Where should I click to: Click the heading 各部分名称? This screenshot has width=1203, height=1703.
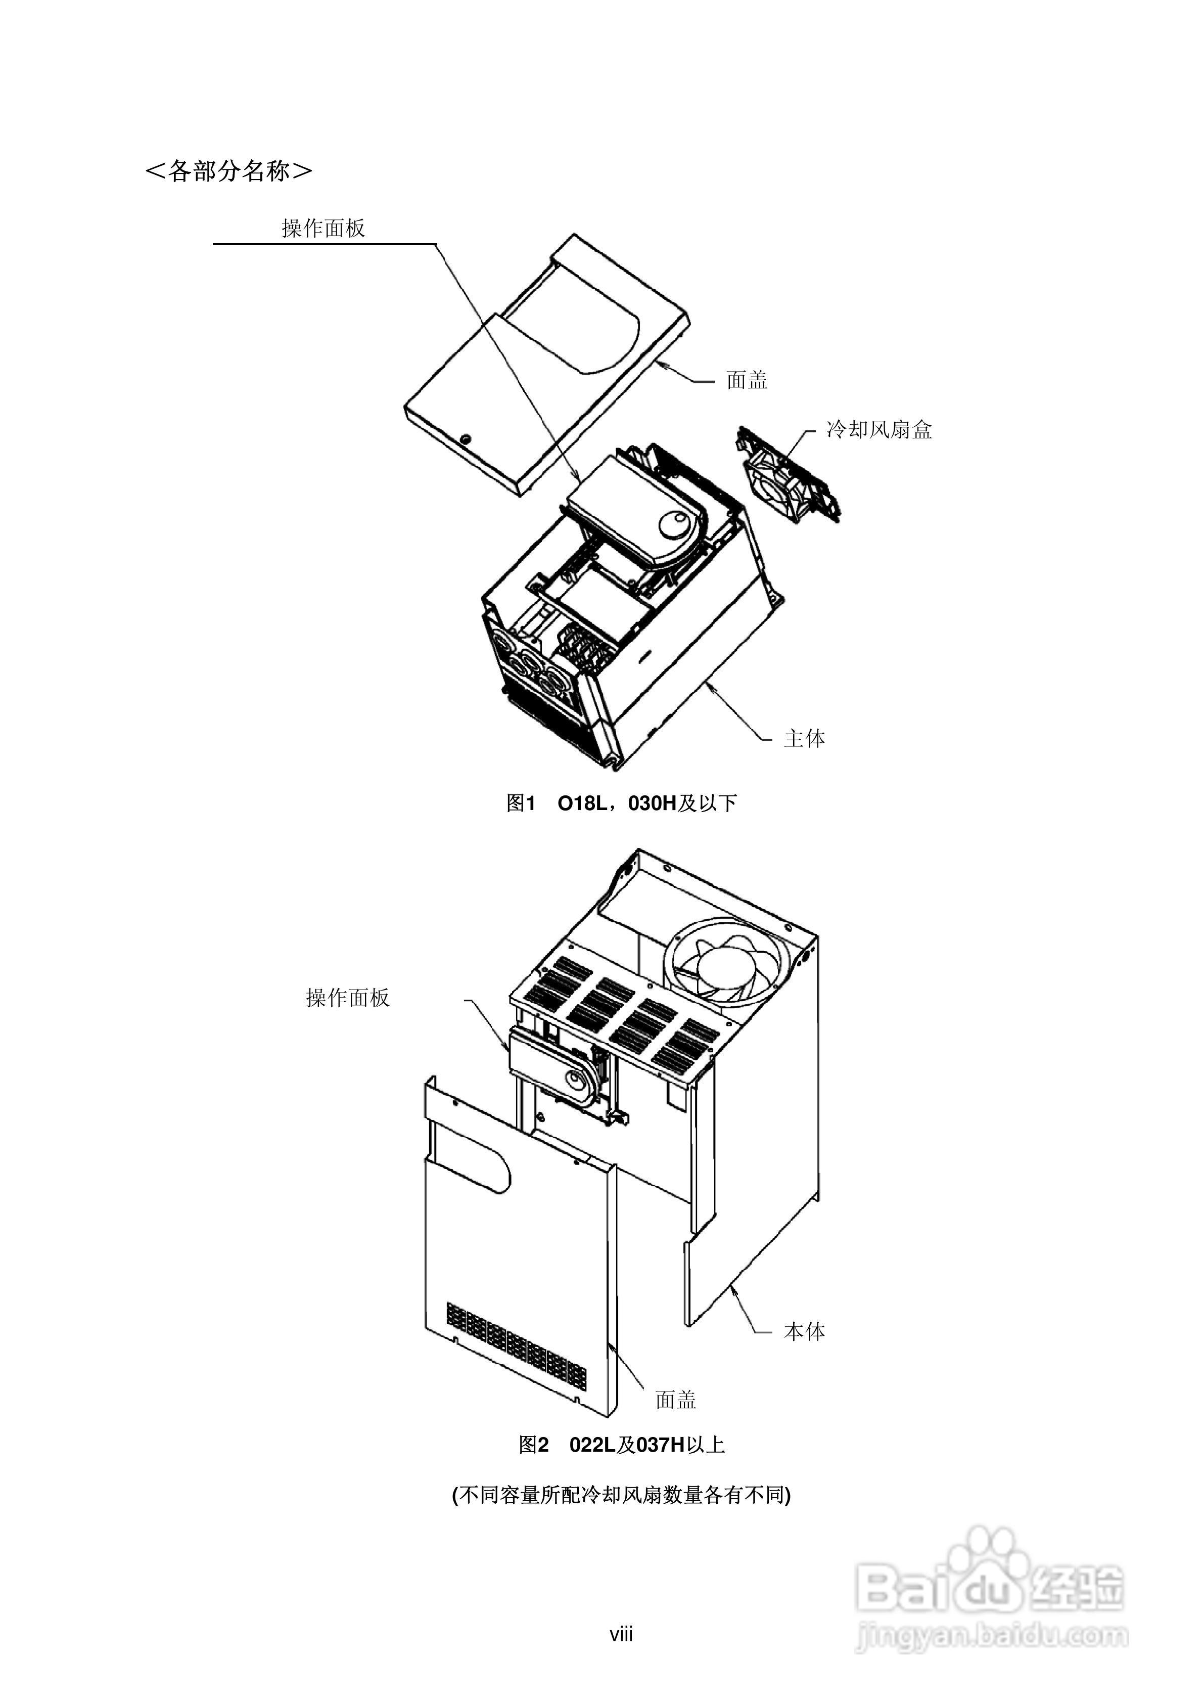(x=228, y=171)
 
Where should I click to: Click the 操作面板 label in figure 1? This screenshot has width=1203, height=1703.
(x=323, y=229)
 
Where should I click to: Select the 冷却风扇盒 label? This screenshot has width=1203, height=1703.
(x=879, y=430)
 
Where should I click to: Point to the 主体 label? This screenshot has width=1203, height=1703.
(x=804, y=739)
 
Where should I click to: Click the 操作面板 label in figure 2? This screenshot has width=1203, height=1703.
(x=347, y=998)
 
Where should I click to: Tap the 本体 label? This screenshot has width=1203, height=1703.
(x=804, y=1331)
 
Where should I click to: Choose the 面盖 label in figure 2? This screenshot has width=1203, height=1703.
(x=676, y=1400)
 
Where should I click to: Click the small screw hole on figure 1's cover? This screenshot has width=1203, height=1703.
(x=465, y=438)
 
